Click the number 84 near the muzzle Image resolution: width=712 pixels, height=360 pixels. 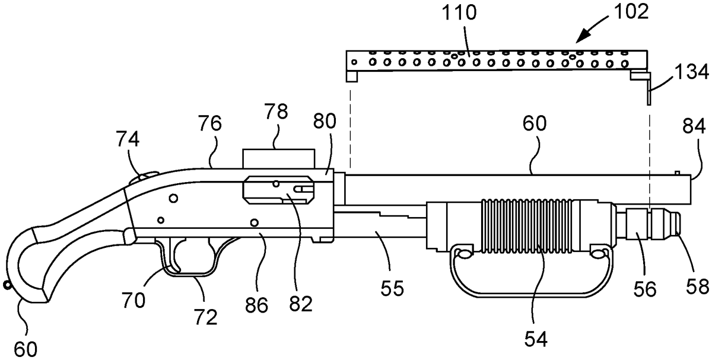coord(693,126)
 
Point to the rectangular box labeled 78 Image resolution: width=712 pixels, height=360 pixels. coord(277,158)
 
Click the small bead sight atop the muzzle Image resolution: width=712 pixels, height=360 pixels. coord(676,173)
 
